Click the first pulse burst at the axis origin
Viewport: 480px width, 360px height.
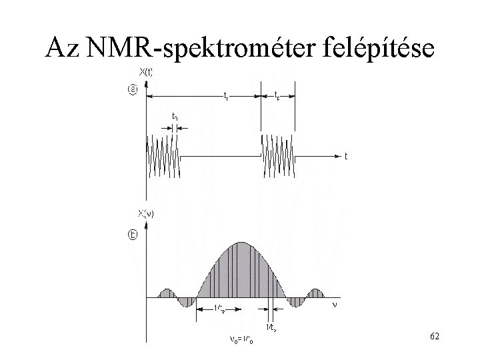pos(162,156)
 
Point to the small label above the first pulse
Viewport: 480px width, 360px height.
pos(174,116)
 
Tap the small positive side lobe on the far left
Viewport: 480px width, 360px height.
pos(165,294)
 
